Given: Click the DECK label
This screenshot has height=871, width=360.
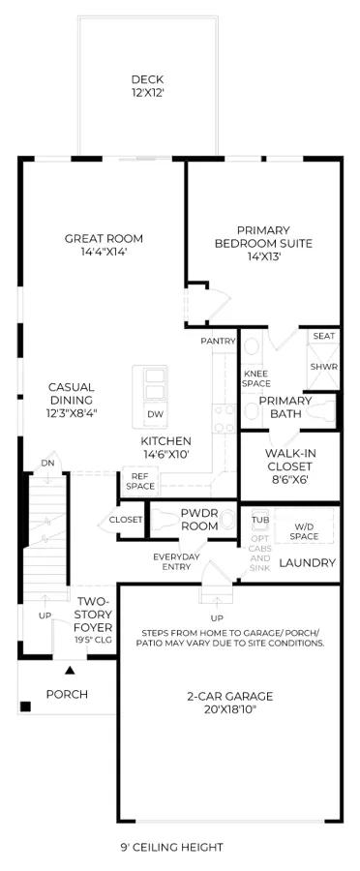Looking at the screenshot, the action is click(x=147, y=79).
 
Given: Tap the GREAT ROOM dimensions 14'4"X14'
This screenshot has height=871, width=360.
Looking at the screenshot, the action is click(x=104, y=251).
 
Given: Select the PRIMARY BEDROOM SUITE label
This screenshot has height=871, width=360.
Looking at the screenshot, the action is click(x=263, y=237).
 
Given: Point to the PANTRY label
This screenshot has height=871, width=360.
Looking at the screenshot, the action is click(x=219, y=341).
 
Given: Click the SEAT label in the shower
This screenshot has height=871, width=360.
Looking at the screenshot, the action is click(x=324, y=336).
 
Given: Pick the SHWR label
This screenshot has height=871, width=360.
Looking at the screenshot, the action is click(x=324, y=367).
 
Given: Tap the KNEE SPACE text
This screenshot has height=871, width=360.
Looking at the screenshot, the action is click(x=256, y=378).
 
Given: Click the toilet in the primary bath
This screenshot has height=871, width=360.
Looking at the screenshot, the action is click(x=321, y=411).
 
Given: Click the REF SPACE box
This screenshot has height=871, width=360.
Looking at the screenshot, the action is click(x=139, y=482).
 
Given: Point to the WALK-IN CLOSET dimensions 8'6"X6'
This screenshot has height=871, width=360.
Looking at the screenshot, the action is click(x=288, y=479).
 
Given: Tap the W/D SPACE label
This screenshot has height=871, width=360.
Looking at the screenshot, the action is click(x=304, y=530).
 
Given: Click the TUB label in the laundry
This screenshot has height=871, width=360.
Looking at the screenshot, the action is click(x=260, y=520).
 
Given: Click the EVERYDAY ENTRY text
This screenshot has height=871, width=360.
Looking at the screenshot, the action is click(x=172, y=561).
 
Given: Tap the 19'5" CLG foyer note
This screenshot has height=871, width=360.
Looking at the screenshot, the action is click(x=94, y=640).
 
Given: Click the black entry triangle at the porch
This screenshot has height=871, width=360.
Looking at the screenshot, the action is click(x=70, y=670).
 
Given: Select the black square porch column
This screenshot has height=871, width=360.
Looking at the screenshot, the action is click(x=25, y=706).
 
